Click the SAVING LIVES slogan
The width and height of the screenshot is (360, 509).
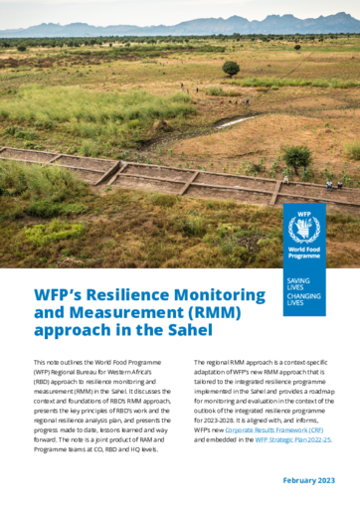coord(296,285)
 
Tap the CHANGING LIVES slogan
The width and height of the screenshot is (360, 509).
coord(303,299)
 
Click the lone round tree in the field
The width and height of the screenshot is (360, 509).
coord(231,68)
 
